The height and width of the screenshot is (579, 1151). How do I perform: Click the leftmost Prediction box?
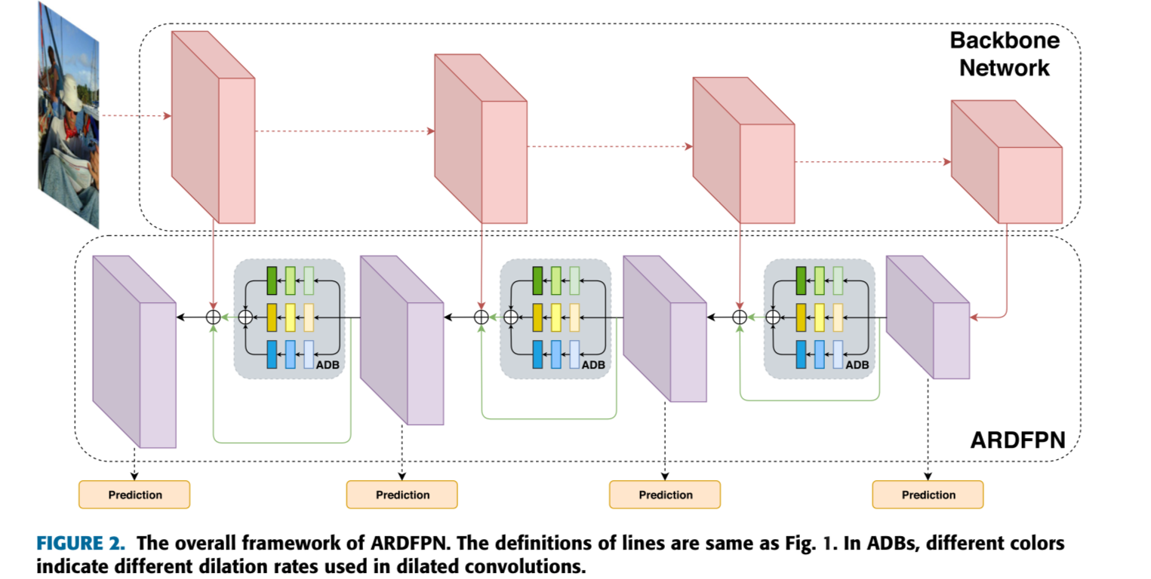pyautogui.click(x=134, y=495)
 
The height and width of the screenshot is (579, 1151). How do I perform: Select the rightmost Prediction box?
pyautogui.click(x=928, y=495)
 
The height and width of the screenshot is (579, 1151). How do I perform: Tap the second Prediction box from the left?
pyautogui.click(x=402, y=495)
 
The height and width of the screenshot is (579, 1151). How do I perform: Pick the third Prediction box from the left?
pyautogui.click(x=664, y=495)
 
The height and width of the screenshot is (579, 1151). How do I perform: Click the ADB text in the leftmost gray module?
pyautogui.click(x=328, y=365)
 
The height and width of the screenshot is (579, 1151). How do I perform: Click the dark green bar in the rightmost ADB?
pyautogui.click(x=802, y=280)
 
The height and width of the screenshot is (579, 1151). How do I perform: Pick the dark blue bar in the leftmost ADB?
pyautogui.click(x=272, y=354)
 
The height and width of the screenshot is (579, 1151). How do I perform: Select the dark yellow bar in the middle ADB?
pyautogui.click(x=537, y=317)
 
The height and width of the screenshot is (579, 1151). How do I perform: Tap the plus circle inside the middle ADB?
pyautogui.click(x=510, y=317)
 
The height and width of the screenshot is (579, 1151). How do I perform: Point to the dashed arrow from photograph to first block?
pyautogui.click(x=134, y=116)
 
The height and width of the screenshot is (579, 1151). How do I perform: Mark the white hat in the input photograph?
pyautogui.click(x=74, y=94)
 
